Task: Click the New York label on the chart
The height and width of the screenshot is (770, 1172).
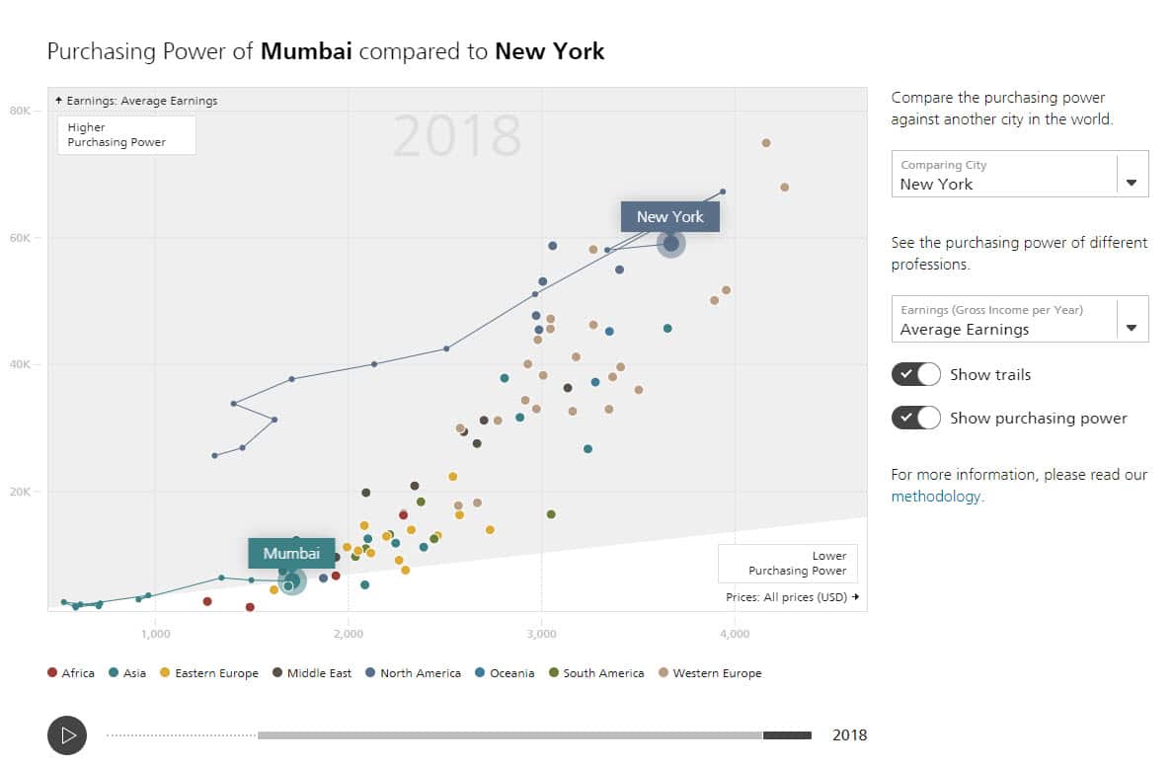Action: [x=669, y=217]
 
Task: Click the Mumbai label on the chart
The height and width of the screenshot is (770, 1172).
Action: [x=291, y=554]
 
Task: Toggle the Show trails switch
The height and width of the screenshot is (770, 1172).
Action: [x=915, y=375]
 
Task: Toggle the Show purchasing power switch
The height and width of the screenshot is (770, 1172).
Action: [x=915, y=419]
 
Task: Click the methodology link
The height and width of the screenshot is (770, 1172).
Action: [x=935, y=497]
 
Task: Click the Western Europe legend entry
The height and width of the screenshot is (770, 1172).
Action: [x=709, y=673]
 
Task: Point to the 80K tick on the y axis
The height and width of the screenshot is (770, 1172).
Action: [x=20, y=111]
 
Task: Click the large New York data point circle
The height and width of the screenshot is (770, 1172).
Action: [x=670, y=243]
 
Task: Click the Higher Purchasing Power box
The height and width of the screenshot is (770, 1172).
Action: [x=126, y=135]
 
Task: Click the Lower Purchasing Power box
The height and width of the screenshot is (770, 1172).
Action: [x=787, y=564]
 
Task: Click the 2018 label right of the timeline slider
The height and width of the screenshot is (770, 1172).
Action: [x=849, y=735]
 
